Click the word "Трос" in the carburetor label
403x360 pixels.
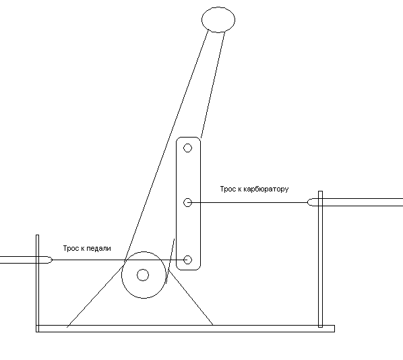[x=227, y=189]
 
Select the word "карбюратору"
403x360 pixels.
[x=266, y=189]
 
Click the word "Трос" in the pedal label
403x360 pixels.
[x=70, y=248]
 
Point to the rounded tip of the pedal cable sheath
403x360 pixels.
[x=51, y=260]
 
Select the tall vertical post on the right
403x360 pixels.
[x=320, y=259]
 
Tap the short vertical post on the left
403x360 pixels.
[x=37, y=283]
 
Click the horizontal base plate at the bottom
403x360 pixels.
[x=185, y=328]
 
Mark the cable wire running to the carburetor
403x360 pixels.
[x=249, y=203]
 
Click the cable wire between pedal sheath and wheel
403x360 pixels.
[x=88, y=260]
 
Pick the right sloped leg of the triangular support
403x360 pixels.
[x=191, y=297]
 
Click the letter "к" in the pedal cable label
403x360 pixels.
[x=82, y=249]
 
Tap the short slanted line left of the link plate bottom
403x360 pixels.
[x=170, y=261]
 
